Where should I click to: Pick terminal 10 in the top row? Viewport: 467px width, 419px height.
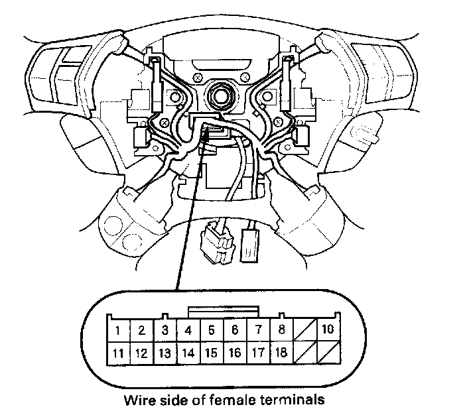click(328, 329)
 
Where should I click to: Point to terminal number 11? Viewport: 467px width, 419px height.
click(117, 353)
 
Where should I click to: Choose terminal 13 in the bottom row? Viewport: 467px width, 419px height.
click(165, 353)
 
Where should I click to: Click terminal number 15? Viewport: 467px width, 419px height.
click(211, 353)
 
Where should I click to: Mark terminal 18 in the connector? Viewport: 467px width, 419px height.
click(281, 353)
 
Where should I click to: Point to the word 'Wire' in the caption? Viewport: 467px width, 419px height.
click(137, 400)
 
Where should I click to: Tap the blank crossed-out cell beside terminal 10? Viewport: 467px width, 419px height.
click(304, 329)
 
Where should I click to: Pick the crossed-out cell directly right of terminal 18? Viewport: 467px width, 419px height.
click(304, 353)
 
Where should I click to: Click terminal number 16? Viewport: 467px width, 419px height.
click(235, 353)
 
